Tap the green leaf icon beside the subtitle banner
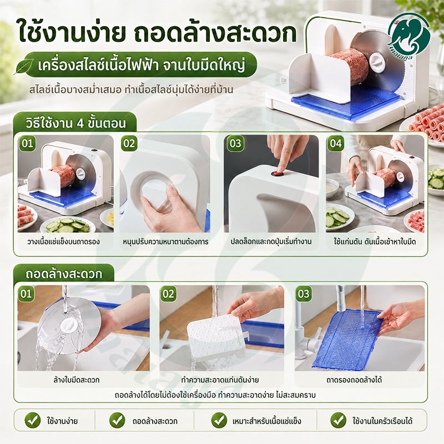pyautogui.click(x=24, y=67)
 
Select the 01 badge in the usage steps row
pyautogui.click(x=27, y=143)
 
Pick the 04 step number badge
pyautogui.click(x=336, y=143)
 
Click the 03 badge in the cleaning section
pyautogui.click(x=304, y=294)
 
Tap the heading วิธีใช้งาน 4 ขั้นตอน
pyautogui.click(x=75, y=123)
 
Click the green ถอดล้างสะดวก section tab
pyautogui.click(x=64, y=274)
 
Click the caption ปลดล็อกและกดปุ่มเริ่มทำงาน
pyautogui.click(x=271, y=242)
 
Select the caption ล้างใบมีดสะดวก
pyautogui.click(x=77, y=380)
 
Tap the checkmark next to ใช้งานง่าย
pyautogui.click(x=33, y=420)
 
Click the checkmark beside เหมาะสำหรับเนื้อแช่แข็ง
pyautogui.click(x=219, y=420)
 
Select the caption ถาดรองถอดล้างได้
pyautogui.click(x=354, y=380)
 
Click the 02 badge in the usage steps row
pyautogui.click(x=129, y=143)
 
